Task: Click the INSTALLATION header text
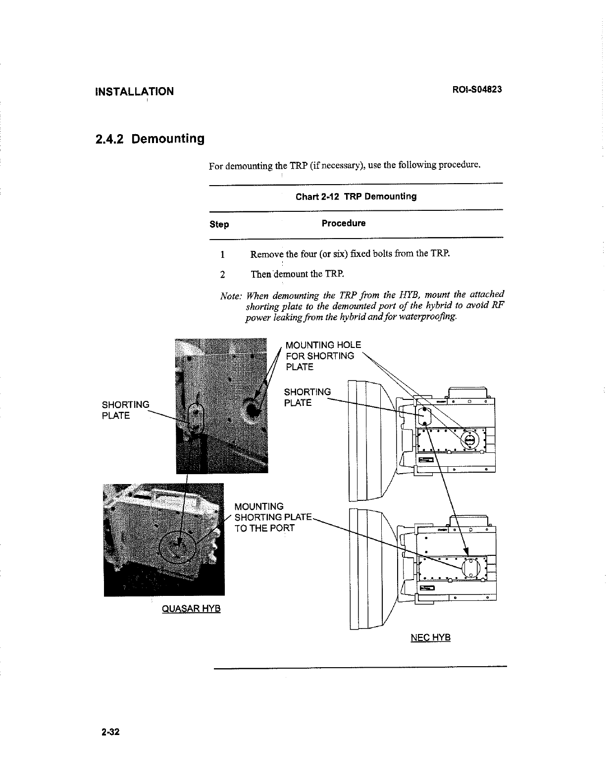coord(134,92)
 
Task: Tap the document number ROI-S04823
coord(477,90)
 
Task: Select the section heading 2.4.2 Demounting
coord(150,139)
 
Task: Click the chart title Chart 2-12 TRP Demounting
coord(356,196)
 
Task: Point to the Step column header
coord(219,225)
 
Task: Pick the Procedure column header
coord(344,223)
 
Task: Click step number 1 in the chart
coord(223,255)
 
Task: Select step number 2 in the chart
coord(223,274)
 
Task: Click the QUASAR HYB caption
coord(191,608)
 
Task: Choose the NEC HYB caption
coord(430,637)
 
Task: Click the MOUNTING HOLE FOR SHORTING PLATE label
coord(323,356)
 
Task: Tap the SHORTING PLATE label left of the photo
coord(125,410)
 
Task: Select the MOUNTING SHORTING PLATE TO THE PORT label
coord(272,517)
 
